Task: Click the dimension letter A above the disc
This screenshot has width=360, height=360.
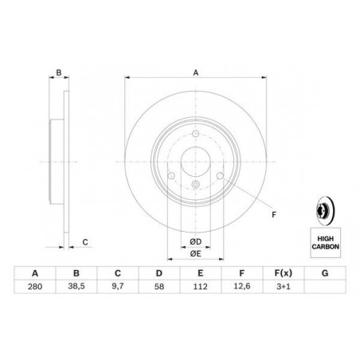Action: (195, 72)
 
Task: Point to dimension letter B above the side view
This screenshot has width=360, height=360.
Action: (59, 72)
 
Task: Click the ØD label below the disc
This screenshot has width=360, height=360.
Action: (195, 241)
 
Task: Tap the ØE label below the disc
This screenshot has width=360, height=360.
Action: (195, 254)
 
